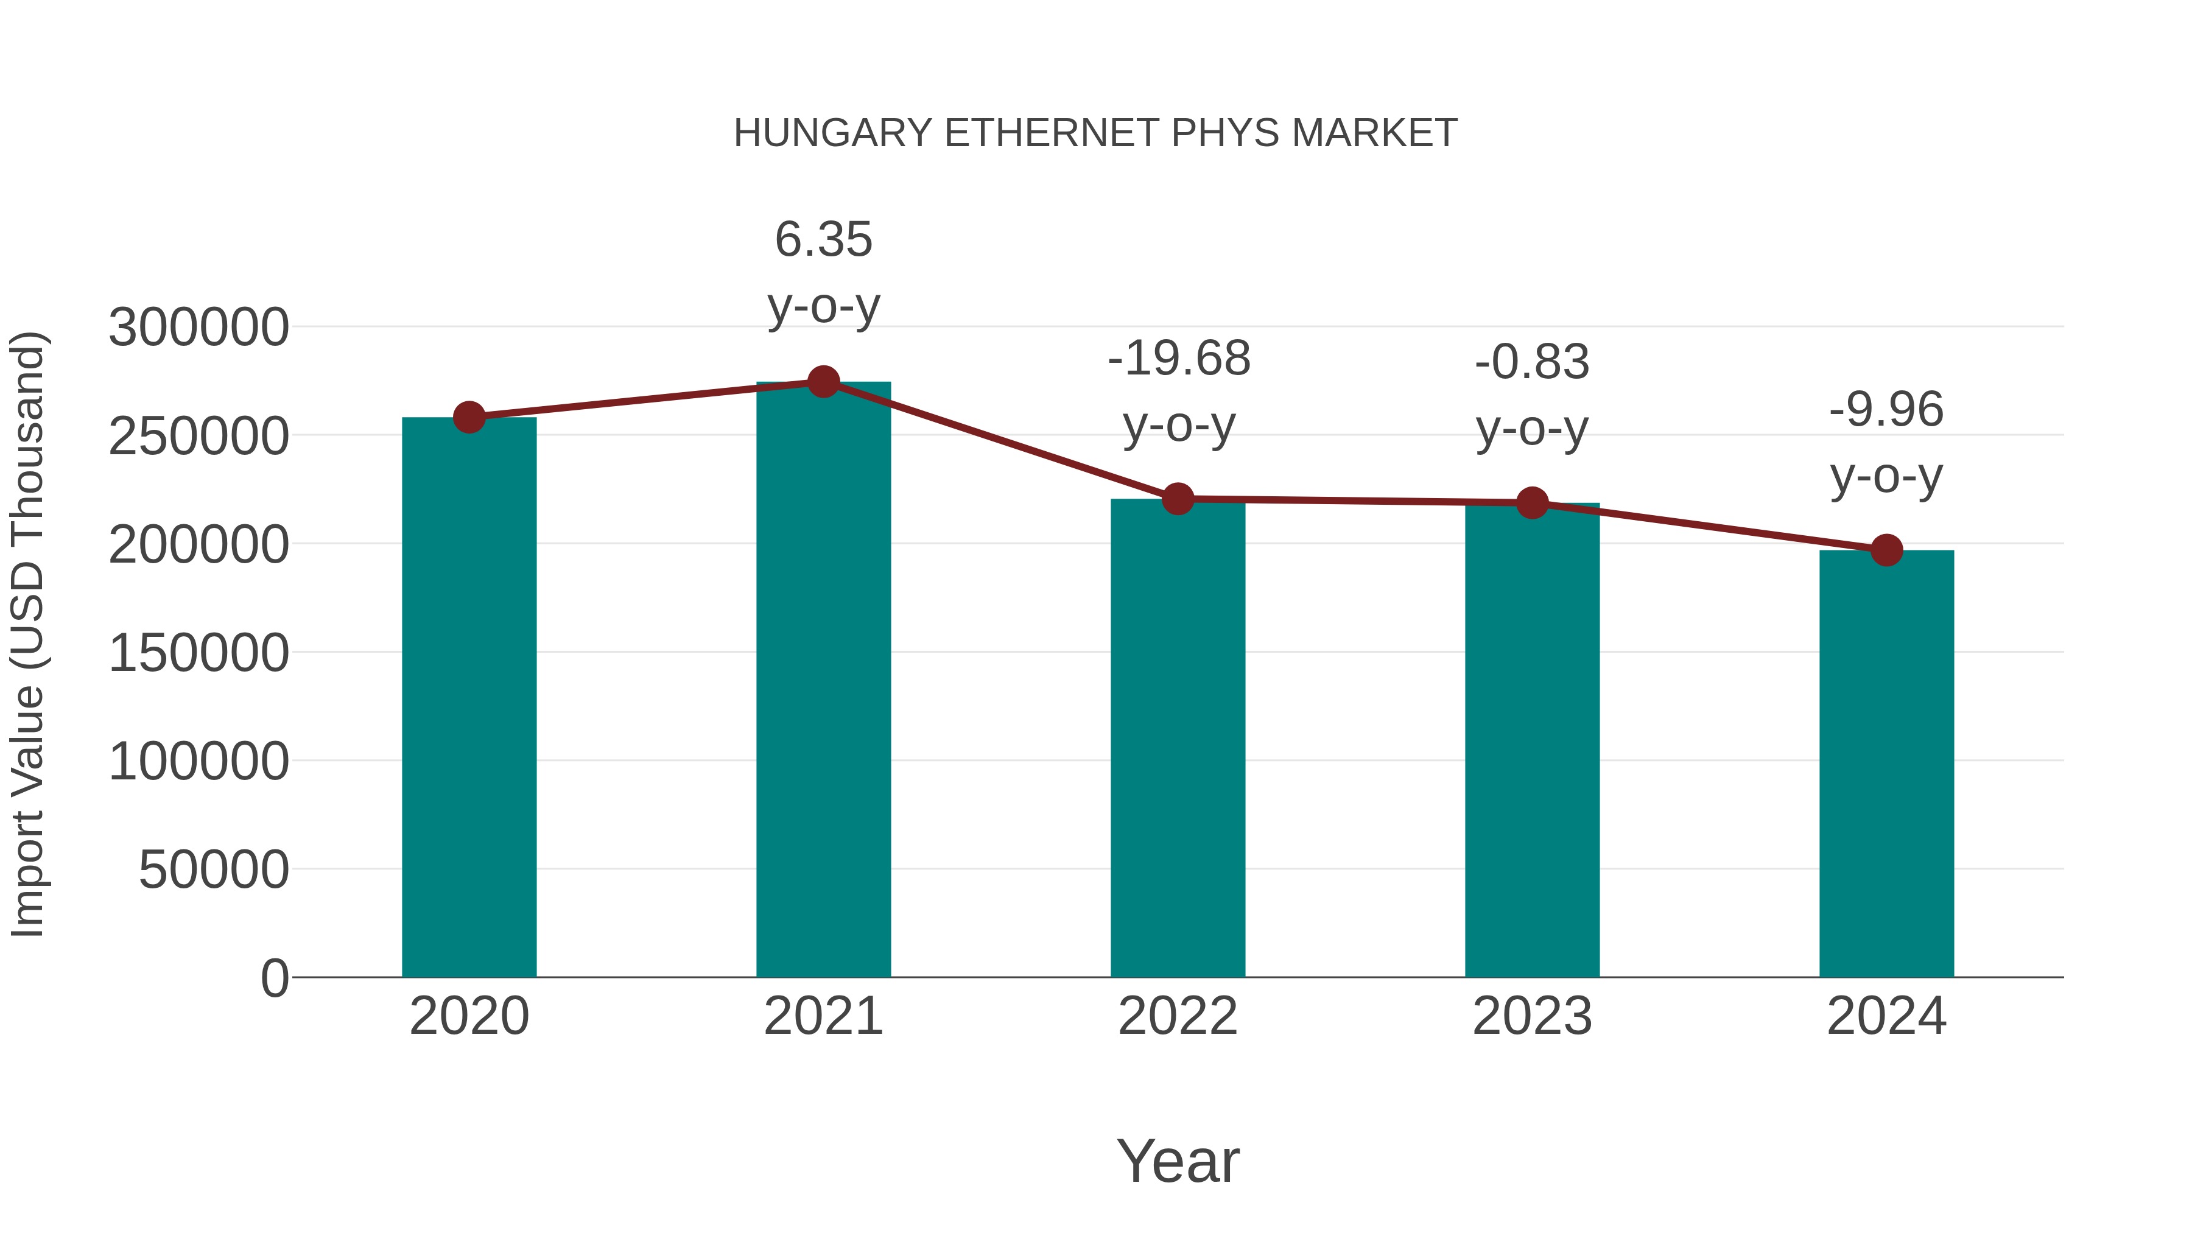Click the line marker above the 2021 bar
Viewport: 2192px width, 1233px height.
(x=823, y=382)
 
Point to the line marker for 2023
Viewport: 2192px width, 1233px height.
(x=1532, y=503)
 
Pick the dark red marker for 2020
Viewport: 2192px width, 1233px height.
(x=469, y=417)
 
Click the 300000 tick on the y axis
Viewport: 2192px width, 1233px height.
(x=198, y=328)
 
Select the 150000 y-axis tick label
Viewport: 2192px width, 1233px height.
(x=198, y=653)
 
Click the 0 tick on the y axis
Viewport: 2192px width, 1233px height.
(x=274, y=978)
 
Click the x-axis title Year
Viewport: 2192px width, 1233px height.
(x=1178, y=1162)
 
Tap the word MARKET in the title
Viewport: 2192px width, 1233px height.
(x=1374, y=133)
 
